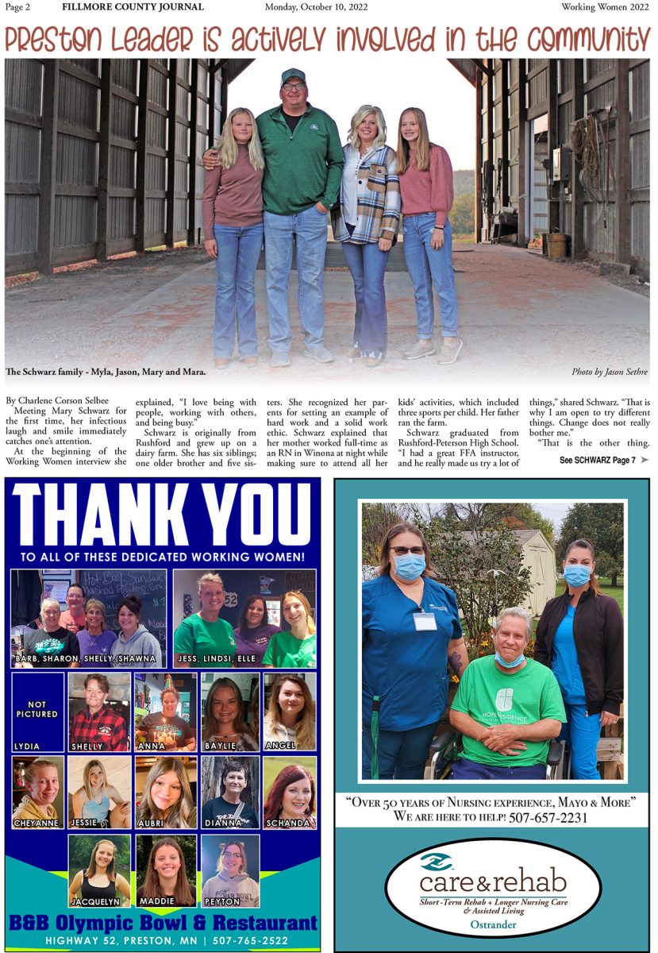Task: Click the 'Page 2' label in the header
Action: click(x=17, y=7)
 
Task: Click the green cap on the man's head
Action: click(x=293, y=75)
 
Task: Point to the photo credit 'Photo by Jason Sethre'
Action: click(x=609, y=372)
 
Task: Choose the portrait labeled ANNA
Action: click(x=165, y=710)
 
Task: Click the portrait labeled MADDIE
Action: click(x=166, y=869)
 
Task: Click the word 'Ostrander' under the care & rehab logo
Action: click(x=492, y=925)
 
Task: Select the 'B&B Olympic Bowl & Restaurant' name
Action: click(x=163, y=924)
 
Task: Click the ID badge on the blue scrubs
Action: click(x=425, y=620)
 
